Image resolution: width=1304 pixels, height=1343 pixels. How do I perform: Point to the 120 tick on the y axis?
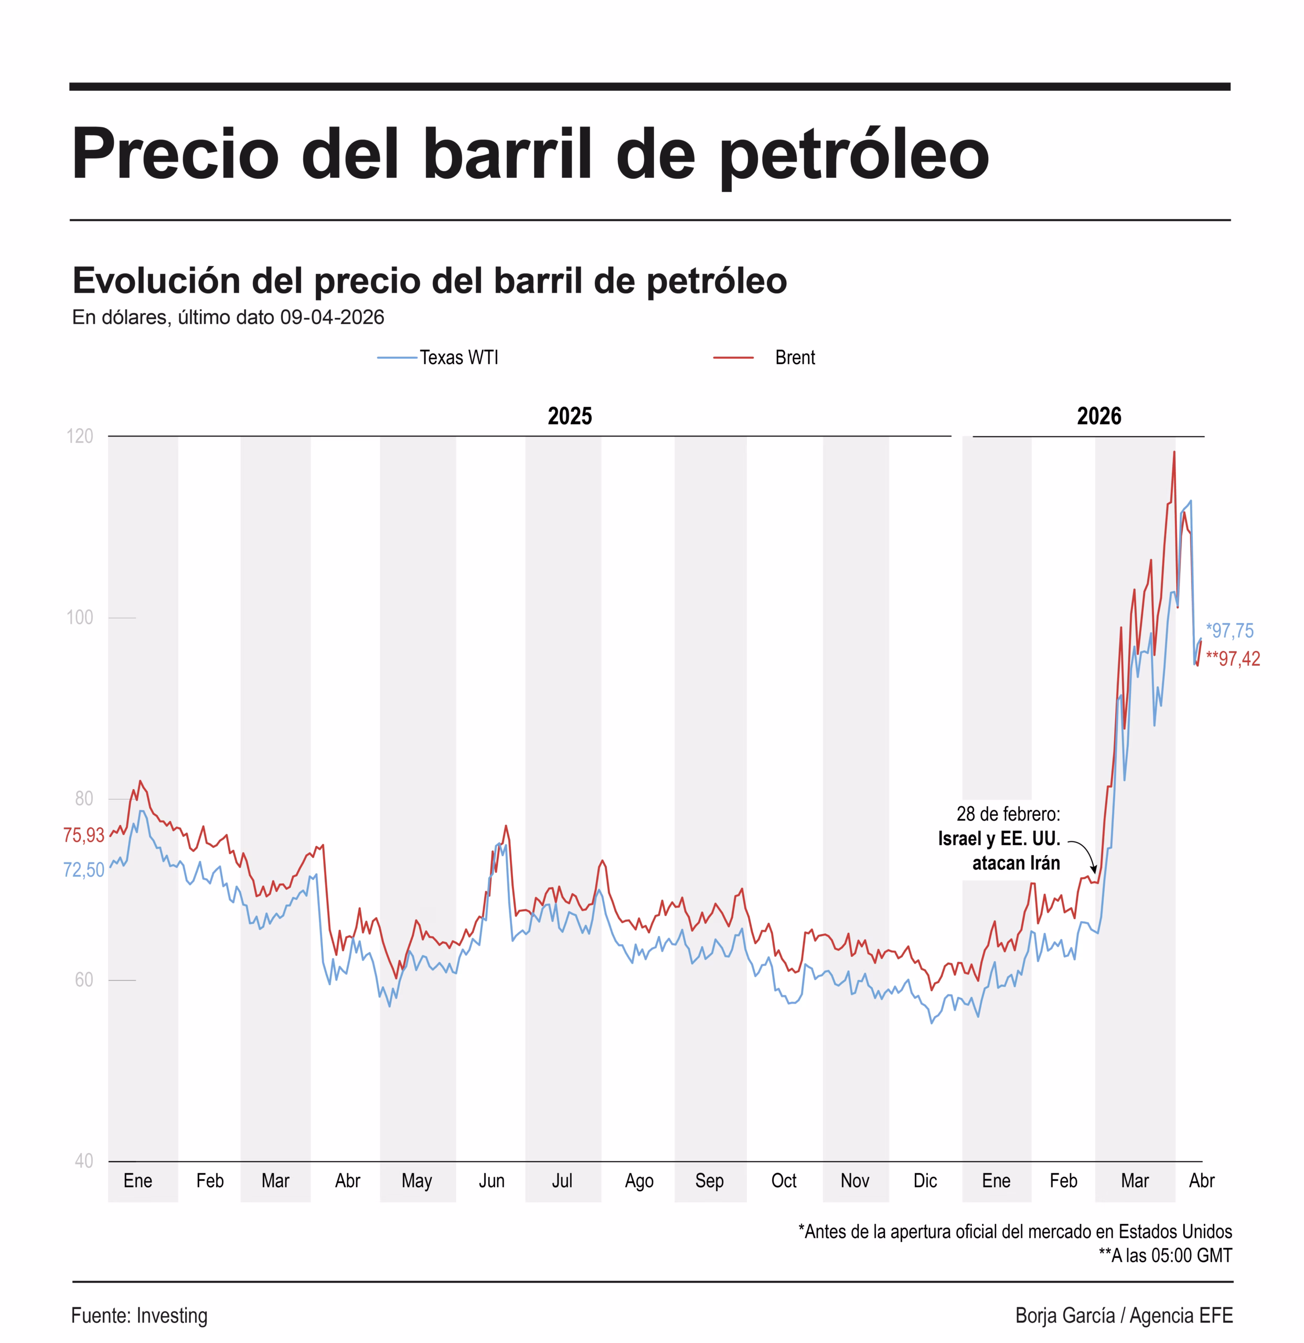pos(80,436)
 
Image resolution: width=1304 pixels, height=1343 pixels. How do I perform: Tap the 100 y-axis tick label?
pos(80,617)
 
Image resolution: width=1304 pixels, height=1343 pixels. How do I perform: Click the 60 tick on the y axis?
pos(83,980)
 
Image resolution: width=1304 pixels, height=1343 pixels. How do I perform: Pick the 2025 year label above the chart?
pos(570,416)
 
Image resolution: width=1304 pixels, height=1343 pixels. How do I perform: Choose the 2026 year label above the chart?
pos(1098,416)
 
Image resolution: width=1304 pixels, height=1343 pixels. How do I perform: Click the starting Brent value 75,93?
pos(83,835)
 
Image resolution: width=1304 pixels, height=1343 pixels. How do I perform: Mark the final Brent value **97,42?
pos(1233,658)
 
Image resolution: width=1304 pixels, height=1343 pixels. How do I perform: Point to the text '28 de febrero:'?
pos(1008,814)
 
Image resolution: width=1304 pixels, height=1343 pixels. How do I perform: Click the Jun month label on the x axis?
pos(491,1180)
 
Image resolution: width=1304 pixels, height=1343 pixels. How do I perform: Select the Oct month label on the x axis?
pos(783,1180)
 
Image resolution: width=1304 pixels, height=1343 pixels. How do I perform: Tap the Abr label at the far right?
pos(1201,1180)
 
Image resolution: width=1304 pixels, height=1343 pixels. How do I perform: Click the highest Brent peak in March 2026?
pos(1174,452)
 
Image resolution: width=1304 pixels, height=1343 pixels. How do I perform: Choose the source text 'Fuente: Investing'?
pos(139,1316)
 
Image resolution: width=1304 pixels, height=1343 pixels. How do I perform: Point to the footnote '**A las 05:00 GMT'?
pos(1165,1255)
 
